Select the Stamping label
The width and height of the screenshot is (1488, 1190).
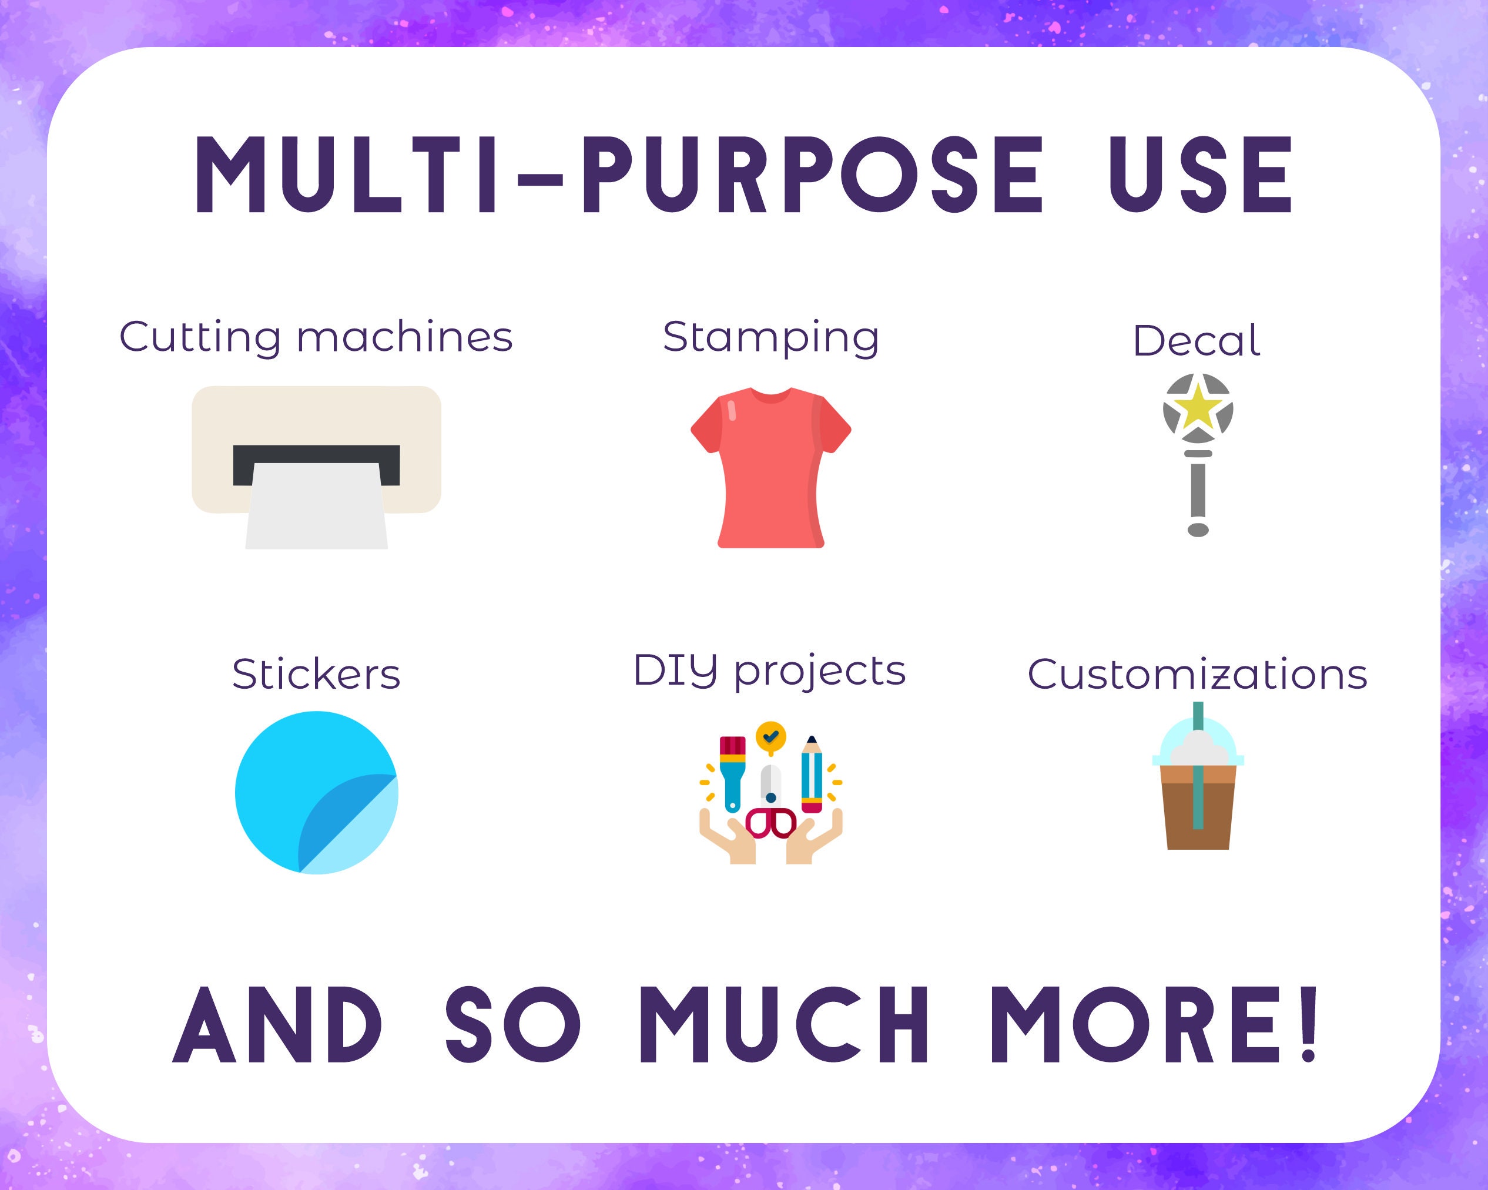[x=771, y=337]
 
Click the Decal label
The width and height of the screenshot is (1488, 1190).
[x=1197, y=341]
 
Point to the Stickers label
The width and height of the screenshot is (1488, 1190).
[x=316, y=675]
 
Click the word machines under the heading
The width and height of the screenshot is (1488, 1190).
[x=404, y=337]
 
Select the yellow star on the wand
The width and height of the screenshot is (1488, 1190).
[x=1198, y=407]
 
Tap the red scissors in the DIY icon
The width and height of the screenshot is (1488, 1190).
[x=771, y=822]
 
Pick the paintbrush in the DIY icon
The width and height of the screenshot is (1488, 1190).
[x=732, y=770]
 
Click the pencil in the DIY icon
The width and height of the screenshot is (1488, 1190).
[x=812, y=773]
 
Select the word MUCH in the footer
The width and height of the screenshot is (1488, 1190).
[x=784, y=1025]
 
